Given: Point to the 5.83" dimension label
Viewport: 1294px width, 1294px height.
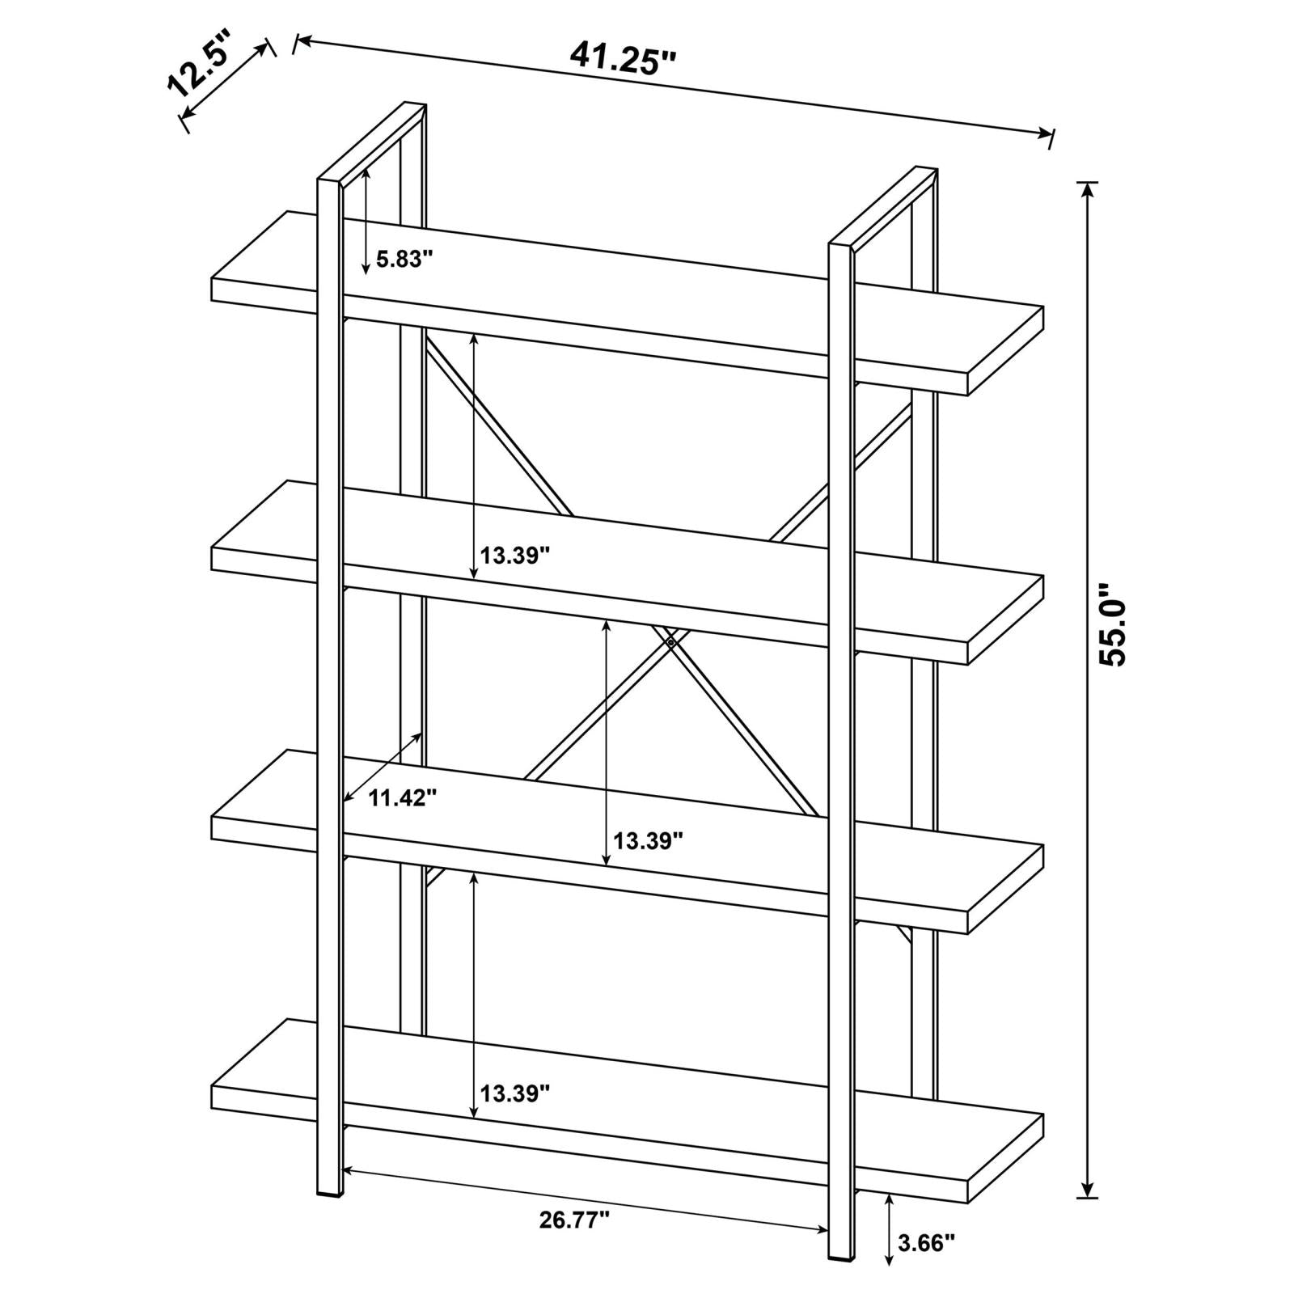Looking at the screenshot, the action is point(404,259).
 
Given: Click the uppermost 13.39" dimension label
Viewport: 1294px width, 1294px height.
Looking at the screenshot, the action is point(515,556).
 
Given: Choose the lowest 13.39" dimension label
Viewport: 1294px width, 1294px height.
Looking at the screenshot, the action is point(515,1093).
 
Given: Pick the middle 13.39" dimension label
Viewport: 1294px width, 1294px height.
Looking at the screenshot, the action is point(649,841).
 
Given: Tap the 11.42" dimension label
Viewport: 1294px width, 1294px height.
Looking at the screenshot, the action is point(403,798).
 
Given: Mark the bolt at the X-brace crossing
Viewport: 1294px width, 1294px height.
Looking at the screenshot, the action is point(670,642).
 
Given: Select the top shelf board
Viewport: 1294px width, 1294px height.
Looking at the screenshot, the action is point(628,303).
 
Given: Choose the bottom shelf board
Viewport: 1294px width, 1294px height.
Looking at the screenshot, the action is point(628,1110).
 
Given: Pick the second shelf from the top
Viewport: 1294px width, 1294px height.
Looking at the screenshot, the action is point(628,573).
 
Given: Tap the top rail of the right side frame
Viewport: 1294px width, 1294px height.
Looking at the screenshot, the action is point(884,206).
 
